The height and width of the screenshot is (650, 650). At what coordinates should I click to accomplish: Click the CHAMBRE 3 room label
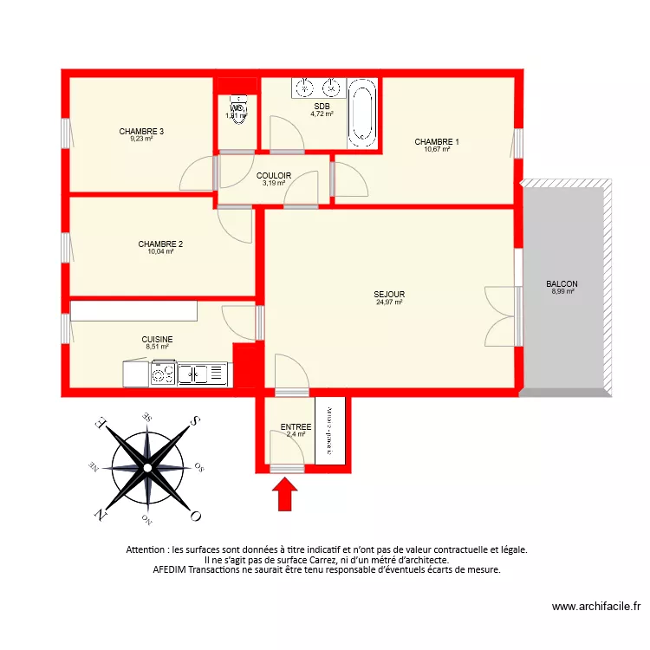pyautogui.click(x=141, y=132)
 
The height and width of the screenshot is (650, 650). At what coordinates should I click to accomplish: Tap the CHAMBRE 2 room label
pyautogui.click(x=160, y=244)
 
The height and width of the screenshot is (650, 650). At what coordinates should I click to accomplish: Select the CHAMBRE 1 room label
pyautogui.click(x=437, y=142)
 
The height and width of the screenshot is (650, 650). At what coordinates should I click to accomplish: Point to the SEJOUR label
pyautogui.click(x=390, y=295)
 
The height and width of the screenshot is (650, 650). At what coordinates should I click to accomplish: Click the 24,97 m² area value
pyautogui.click(x=390, y=302)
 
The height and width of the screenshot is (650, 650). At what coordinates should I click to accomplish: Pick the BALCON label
pyautogui.click(x=562, y=284)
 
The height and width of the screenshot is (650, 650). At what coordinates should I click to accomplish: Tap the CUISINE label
pyautogui.click(x=157, y=340)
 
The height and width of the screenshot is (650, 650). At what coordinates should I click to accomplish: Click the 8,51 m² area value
pyautogui.click(x=157, y=347)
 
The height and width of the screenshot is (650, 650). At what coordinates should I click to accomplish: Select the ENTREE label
pyautogui.click(x=296, y=427)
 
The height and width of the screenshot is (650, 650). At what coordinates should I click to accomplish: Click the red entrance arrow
pyautogui.click(x=285, y=497)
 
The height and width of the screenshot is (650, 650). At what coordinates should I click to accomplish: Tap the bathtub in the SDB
pyautogui.click(x=362, y=114)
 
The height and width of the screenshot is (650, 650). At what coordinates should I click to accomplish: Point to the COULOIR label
pyautogui.click(x=274, y=176)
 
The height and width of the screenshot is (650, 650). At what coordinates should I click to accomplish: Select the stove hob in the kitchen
pyautogui.click(x=163, y=374)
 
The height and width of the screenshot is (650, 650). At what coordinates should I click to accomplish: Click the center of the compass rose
pyautogui.click(x=147, y=468)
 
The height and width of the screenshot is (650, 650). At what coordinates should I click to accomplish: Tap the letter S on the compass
pyautogui.click(x=196, y=421)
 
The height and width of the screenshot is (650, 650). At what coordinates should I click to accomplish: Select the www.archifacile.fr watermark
pyautogui.click(x=595, y=608)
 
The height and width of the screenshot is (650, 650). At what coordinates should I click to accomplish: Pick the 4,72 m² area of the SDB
pyautogui.click(x=322, y=114)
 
